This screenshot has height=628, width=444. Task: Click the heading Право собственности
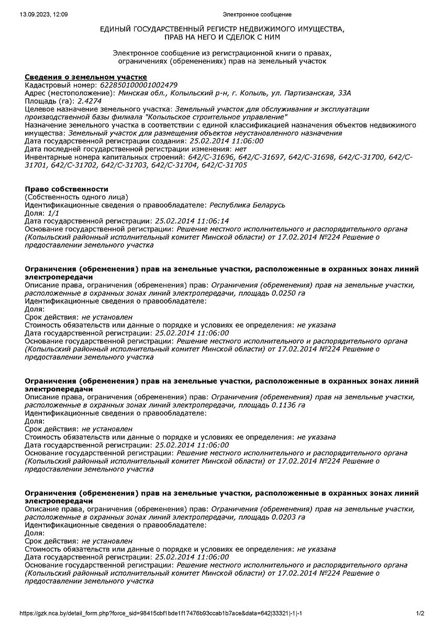click(x=66, y=189)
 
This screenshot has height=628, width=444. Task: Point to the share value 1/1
click(x=53, y=213)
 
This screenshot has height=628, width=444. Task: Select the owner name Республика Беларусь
click(x=247, y=205)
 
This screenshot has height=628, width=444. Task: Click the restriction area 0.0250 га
click(x=286, y=293)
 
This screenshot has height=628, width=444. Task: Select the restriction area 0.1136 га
click(x=286, y=405)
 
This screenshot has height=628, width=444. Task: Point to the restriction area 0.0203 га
click(x=286, y=517)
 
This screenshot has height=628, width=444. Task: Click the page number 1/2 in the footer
click(x=420, y=613)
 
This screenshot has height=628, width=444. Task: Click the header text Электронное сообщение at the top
click(x=257, y=14)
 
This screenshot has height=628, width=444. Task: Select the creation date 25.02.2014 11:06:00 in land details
click(x=226, y=141)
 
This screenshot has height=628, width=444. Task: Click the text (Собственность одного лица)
click(x=76, y=197)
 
